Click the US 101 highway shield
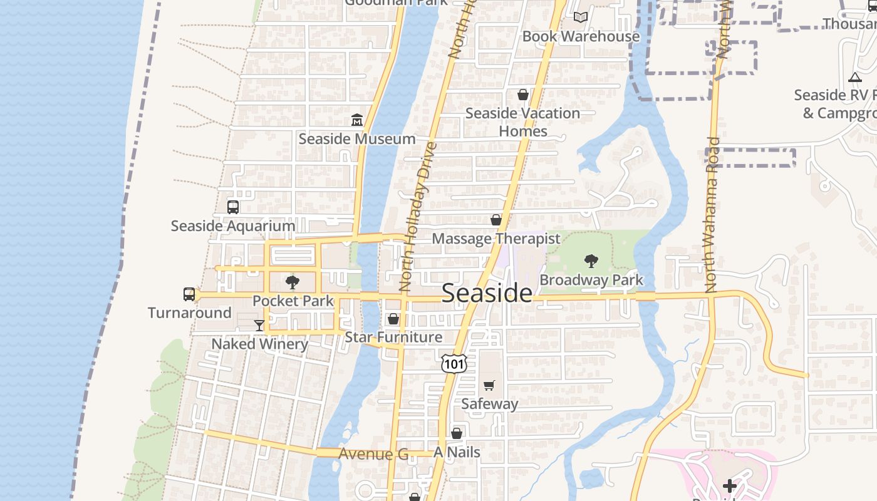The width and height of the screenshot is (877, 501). point(454,363)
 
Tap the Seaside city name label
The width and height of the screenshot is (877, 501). point(487,292)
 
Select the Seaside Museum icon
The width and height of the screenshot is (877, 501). point(357,120)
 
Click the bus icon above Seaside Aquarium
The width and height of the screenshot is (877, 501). point(233,207)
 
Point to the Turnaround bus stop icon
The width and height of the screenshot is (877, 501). point(189,294)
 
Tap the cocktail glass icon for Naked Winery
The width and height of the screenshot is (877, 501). point(259,325)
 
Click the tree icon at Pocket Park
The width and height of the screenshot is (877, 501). point(293,282)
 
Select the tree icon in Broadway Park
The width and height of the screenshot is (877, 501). point(591,261)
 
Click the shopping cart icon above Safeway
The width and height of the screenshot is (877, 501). point(489,385)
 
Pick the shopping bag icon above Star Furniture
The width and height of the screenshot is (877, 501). point(393,319)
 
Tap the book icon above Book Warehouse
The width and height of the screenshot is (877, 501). point(581,18)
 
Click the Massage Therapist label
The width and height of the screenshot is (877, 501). point(496,239)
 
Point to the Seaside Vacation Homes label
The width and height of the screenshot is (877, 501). point(522,122)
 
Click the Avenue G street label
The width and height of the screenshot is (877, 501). point(373,454)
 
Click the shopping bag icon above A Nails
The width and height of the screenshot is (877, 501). point(457,433)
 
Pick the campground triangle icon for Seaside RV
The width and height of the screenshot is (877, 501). point(855,77)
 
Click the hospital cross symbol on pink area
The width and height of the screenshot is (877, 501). point(729,485)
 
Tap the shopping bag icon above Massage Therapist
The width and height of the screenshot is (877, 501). point(496,220)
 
